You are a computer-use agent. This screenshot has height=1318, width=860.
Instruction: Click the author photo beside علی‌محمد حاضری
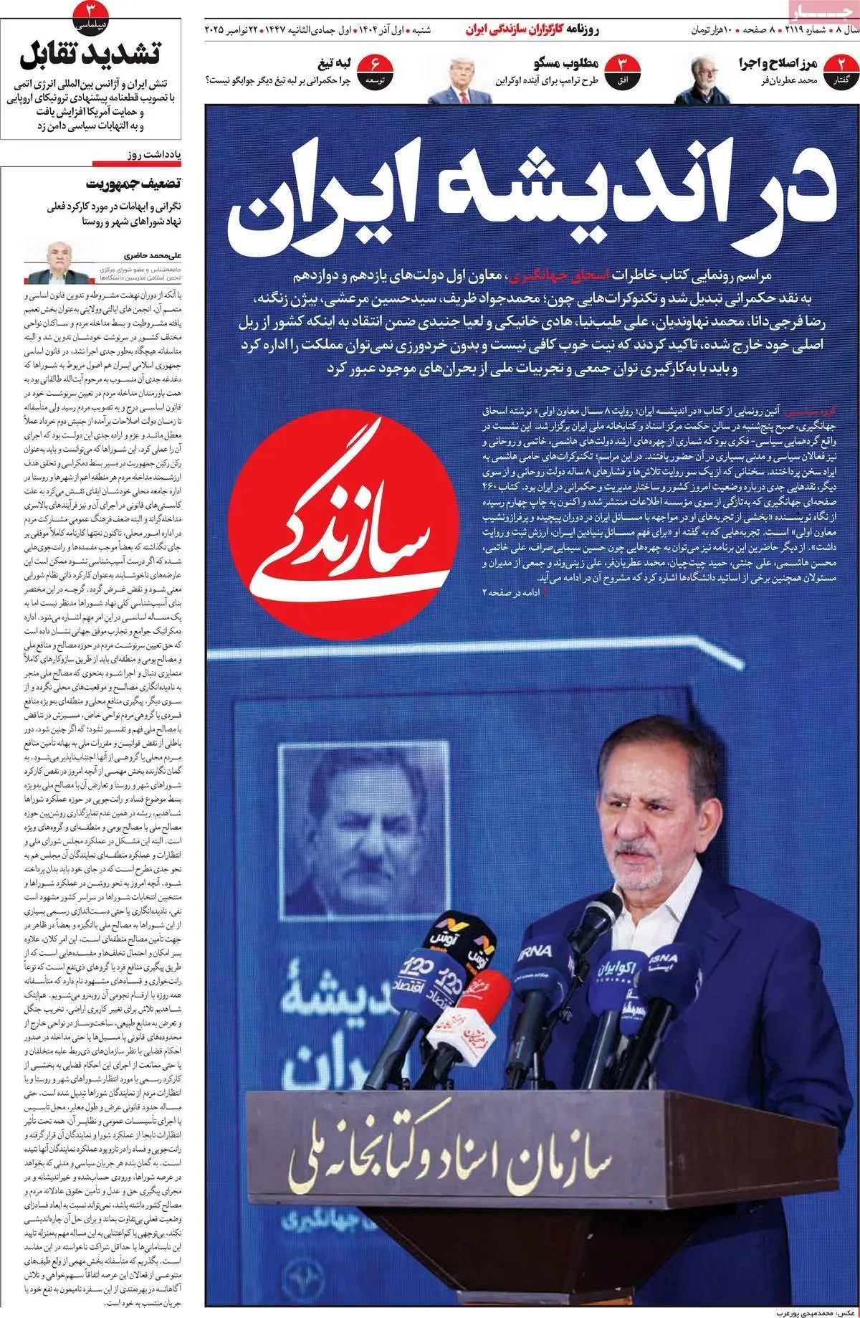(49, 263)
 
